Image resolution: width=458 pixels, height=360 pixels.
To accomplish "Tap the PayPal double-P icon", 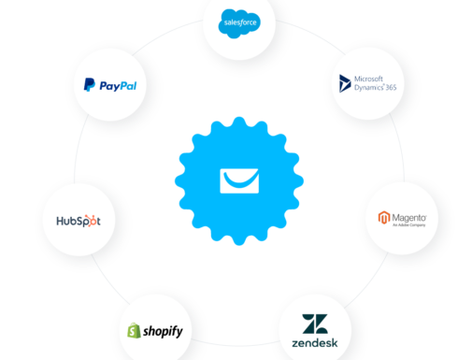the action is click(x=88, y=85).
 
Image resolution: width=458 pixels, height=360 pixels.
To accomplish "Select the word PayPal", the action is click(x=116, y=85).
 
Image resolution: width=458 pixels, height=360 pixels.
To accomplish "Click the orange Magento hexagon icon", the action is click(x=382, y=220).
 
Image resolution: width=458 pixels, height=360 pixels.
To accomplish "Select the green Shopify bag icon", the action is click(x=135, y=331).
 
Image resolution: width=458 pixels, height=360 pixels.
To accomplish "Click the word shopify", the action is click(x=163, y=331).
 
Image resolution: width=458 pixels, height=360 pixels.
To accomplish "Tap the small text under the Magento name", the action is click(x=408, y=225).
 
